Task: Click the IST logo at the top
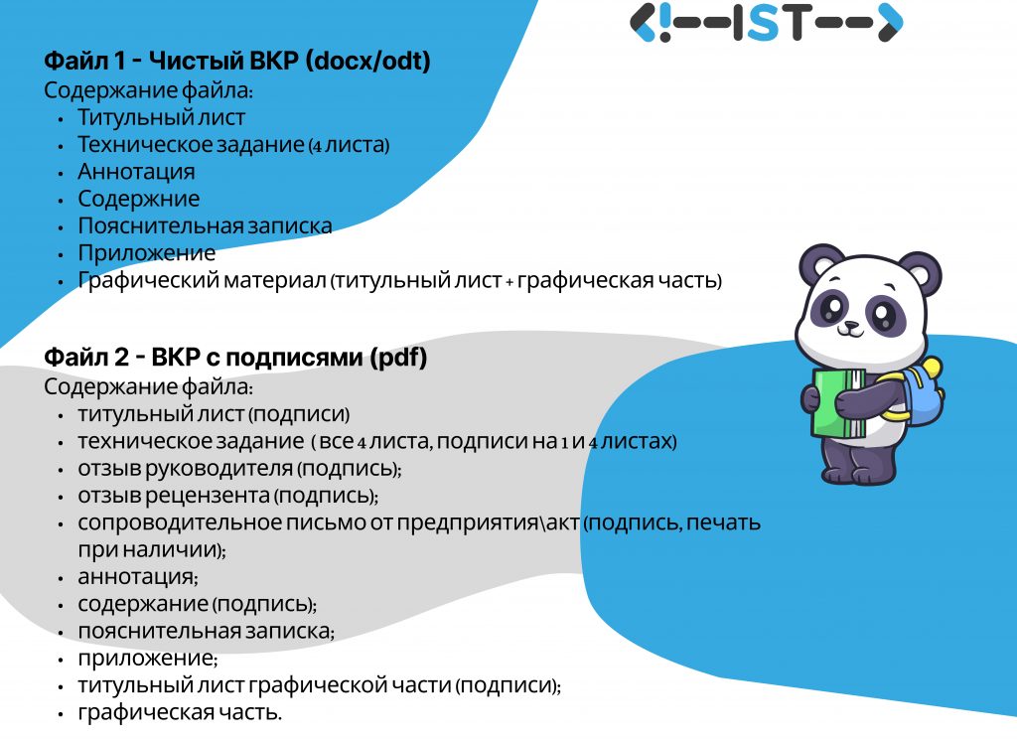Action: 766,23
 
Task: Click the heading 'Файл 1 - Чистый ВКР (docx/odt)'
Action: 237,61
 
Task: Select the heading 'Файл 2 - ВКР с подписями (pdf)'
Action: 235,357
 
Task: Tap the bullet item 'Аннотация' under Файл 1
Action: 136,172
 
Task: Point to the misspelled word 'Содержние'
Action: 139,199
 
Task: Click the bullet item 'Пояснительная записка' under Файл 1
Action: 205,225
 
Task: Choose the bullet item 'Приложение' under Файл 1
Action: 147,253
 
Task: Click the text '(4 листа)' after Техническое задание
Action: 349,145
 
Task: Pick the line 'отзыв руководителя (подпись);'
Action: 240,469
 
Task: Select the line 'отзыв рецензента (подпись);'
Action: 228,496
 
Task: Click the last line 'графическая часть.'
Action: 180,712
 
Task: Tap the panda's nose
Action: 850,325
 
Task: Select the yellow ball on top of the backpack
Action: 932,368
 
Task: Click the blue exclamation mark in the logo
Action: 664,23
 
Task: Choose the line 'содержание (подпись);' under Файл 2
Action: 198,604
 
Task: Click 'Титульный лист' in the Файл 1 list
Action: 162,117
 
